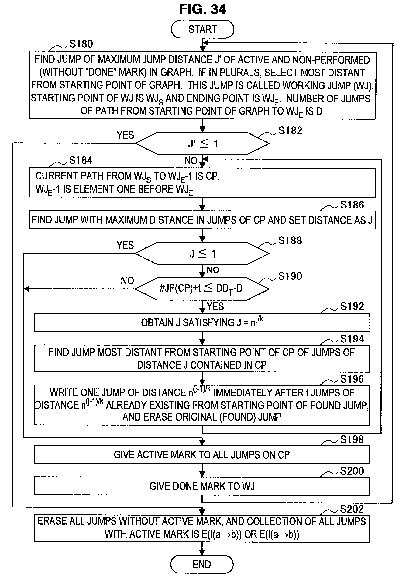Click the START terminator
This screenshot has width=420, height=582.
[x=202, y=29]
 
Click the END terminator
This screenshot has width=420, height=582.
[x=202, y=564]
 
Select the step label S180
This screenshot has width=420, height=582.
[x=81, y=44]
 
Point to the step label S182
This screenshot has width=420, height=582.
[x=290, y=131]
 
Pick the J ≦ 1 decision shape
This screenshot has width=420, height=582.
[x=202, y=254]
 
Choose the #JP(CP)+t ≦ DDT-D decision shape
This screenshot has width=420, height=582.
[x=202, y=289]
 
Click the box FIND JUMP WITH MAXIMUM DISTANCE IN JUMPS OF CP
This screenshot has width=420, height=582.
[x=202, y=220]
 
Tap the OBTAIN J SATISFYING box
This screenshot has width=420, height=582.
[x=202, y=322]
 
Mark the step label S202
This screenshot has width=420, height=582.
[x=352, y=509]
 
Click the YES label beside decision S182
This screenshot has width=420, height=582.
[x=125, y=135]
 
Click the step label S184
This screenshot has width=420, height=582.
[x=81, y=160]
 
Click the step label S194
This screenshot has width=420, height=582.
[x=352, y=339]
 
